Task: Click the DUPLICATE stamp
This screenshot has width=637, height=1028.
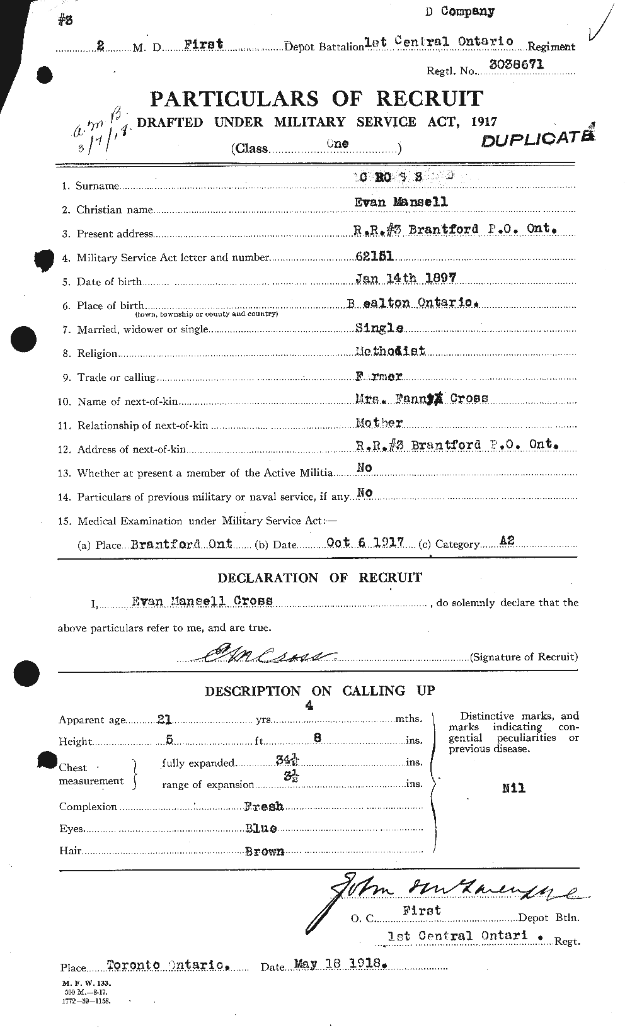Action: [537, 138]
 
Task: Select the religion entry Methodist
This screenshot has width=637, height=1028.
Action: [389, 351]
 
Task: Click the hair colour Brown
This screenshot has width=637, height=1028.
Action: [264, 851]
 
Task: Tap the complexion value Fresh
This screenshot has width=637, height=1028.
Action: [263, 806]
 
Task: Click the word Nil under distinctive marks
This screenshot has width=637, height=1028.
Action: [514, 788]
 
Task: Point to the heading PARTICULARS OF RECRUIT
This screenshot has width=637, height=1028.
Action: [316, 99]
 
